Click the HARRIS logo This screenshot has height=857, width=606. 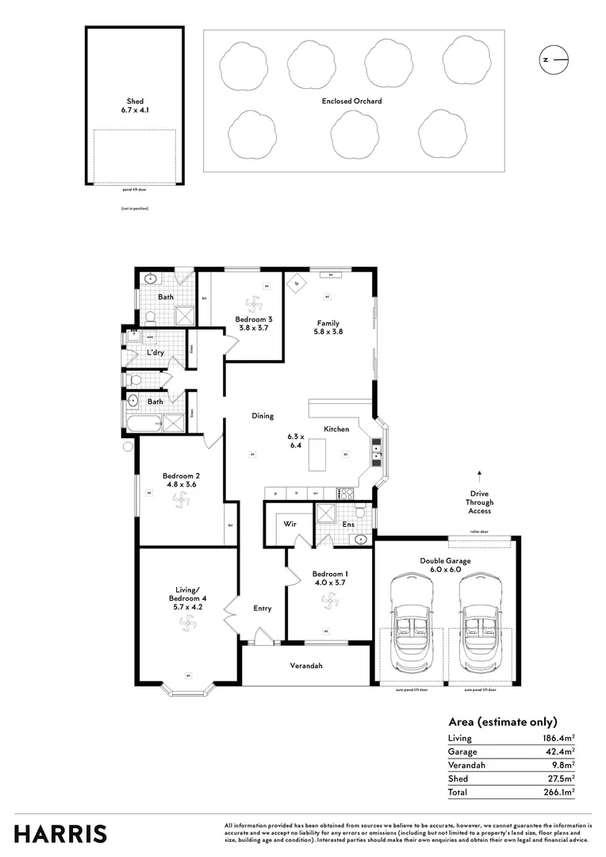pyautogui.click(x=60, y=834)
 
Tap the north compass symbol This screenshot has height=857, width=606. pyautogui.click(x=554, y=59)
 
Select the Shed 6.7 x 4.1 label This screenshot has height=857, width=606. pyautogui.click(x=134, y=106)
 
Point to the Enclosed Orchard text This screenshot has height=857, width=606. pyautogui.click(x=351, y=101)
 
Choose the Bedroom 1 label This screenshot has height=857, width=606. pyautogui.click(x=328, y=578)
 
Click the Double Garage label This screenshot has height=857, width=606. pyautogui.click(x=445, y=564)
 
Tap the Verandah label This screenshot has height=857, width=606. pyautogui.click(x=306, y=666)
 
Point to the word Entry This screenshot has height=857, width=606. pyautogui.click(x=263, y=609)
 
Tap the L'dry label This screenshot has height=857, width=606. pyautogui.click(x=155, y=352)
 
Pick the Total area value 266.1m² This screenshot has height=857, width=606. pyautogui.click(x=558, y=792)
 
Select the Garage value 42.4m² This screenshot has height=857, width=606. pyautogui.click(x=559, y=751)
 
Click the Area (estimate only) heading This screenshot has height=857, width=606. pyautogui.click(x=502, y=722)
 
